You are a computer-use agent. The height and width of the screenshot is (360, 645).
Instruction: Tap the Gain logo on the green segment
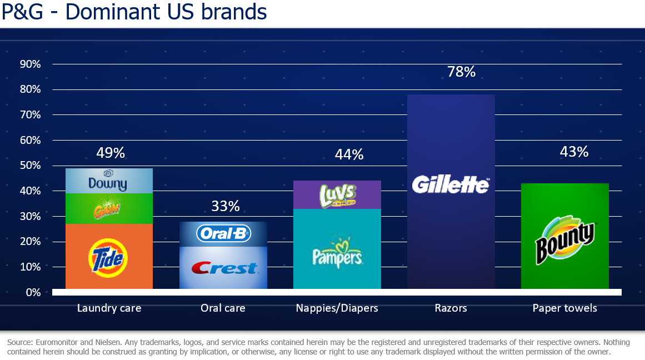click(x=109, y=209)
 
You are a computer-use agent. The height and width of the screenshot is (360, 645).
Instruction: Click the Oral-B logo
click(x=223, y=233)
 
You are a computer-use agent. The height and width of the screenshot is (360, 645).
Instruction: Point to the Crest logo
click(x=223, y=269)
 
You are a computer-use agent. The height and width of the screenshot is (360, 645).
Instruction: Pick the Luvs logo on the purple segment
click(x=337, y=195)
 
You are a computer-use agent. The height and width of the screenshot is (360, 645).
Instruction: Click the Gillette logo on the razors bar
click(x=451, y=184)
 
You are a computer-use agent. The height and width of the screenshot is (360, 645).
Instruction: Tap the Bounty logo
click(x=564, y=239)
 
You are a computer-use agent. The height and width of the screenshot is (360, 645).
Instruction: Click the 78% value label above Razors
click(x=461, y=72)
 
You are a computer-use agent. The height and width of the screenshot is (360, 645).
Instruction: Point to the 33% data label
click(x=226, y=206)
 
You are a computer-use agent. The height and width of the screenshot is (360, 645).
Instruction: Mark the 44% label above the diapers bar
click(x=349, y=154)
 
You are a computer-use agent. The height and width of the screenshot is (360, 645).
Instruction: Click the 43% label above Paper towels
click(x=574, y=152)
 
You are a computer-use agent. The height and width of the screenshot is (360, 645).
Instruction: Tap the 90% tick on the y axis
click(x=30, y=64)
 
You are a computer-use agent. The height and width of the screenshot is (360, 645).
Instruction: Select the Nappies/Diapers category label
click(x=337, y=308)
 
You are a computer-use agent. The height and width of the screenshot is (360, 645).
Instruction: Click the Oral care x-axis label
click(x=223, y=308)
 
